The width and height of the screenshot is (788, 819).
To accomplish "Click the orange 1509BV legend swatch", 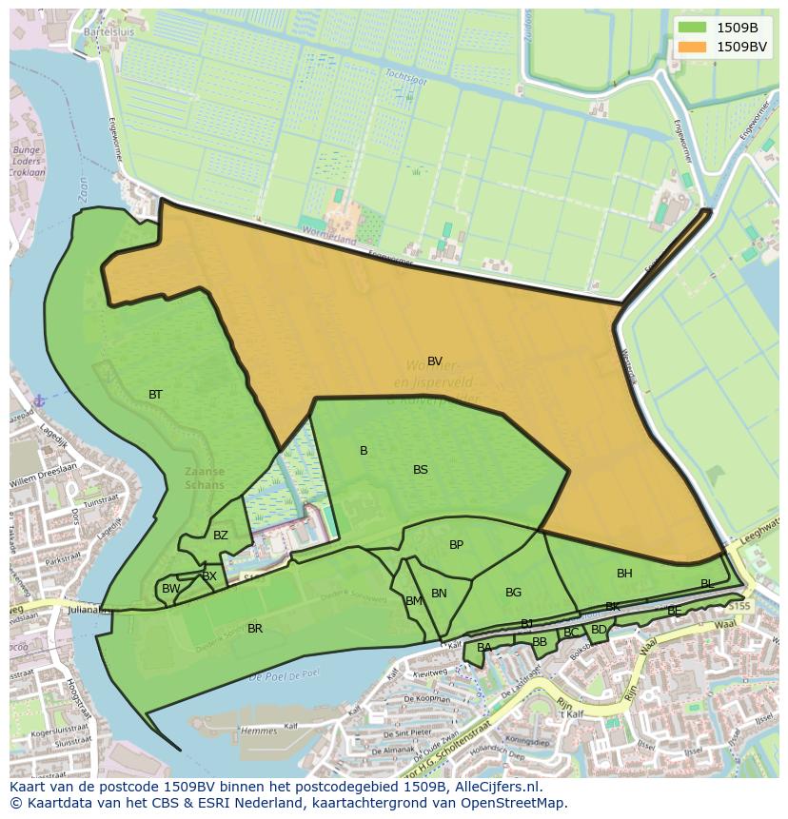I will [693, 47].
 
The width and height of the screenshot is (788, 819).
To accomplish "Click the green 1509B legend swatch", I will [693, 28].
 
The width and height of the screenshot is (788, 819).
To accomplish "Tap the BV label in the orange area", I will [435, 361].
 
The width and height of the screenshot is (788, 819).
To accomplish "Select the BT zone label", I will [155, 395].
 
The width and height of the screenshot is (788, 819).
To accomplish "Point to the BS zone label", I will [421, 470].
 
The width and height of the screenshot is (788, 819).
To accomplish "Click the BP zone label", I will [457, 545].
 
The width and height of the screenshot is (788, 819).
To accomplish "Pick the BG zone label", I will [514, 593].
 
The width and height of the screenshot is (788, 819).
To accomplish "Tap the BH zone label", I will [624, 574].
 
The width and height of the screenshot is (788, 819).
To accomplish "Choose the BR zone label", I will [255, 629].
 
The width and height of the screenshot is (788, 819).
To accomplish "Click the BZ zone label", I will [221, 536].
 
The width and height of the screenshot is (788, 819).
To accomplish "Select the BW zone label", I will [170, 589].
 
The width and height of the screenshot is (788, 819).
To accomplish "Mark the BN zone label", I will [439, 594].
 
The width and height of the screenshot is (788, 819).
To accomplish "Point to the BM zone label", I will [414, 601].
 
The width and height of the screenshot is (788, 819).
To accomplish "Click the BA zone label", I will [484, 648].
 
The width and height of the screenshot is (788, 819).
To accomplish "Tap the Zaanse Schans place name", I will [206, 478].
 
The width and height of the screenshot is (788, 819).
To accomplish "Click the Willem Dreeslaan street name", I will [42, 482].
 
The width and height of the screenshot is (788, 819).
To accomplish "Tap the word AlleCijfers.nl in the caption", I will [495, 788].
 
